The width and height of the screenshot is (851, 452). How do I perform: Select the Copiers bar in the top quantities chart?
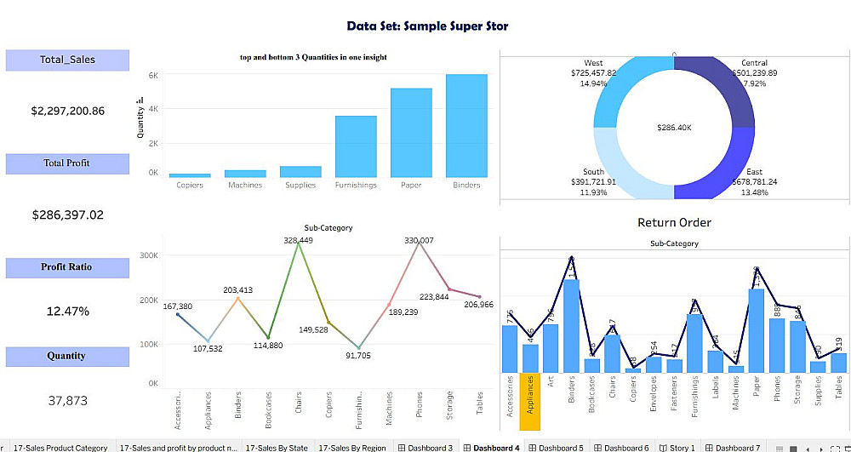[190, 175]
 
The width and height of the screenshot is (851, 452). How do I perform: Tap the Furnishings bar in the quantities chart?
[356, 146]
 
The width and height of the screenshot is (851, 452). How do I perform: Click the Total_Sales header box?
[67, 60]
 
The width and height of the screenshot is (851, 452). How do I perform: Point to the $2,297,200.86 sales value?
[67, 111]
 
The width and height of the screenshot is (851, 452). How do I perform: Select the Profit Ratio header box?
[67, 267]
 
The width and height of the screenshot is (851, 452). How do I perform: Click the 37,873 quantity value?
[67, 400]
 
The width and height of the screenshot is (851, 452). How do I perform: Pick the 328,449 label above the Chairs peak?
[298, 241]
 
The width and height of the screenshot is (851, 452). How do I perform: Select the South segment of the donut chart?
[625, 166]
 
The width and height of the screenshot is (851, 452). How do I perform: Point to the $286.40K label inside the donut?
[674, 127]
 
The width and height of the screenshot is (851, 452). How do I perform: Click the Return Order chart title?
[674, 223]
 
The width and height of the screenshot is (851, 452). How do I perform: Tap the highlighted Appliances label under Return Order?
[529, 400]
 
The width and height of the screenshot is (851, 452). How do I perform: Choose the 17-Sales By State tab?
[277, 447]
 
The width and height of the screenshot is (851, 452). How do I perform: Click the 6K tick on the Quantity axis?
[153, 75]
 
